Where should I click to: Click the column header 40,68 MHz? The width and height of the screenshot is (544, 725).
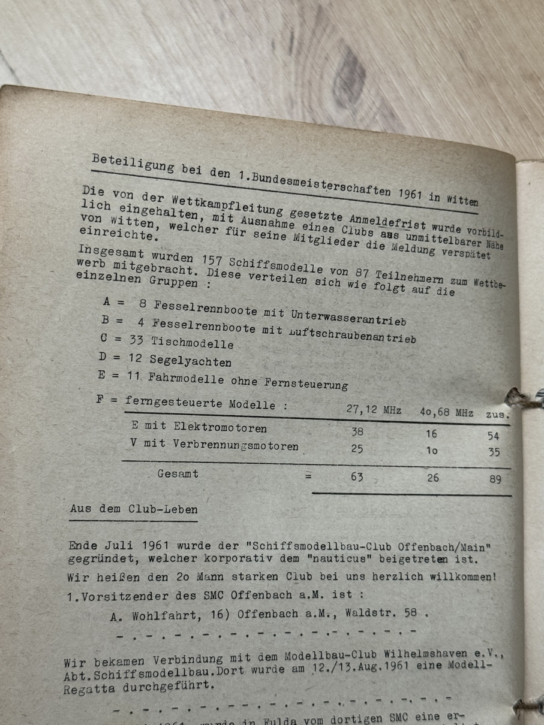[x=447, y=413]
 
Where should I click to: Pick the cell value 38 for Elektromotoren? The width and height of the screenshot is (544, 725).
[x=357, y=431]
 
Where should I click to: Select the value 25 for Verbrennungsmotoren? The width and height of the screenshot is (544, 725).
[x=357, y=449]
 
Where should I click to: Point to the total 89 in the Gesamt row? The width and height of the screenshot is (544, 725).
[x=495, y=479]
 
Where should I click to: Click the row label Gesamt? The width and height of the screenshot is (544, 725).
[x=178, y=473]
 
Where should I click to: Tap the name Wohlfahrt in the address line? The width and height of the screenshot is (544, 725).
[x=167, y=614]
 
